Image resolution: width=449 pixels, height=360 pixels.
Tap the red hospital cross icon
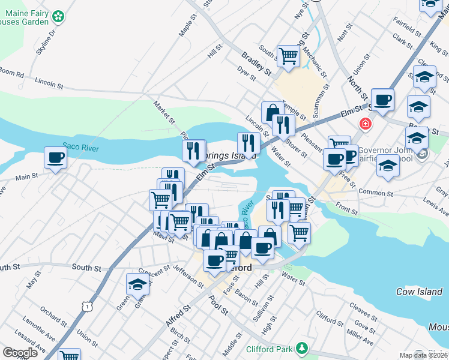click(x=364, y=125)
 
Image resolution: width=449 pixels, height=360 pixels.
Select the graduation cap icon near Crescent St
click(x=137, y=284)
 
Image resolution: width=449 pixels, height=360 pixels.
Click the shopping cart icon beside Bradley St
click(x=288, y=56)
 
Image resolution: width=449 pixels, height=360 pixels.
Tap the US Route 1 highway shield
click(x=88, y=307)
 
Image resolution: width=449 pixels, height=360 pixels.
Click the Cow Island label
click(x=418, y=292)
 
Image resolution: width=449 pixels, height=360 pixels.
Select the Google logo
click(x=20, y=353)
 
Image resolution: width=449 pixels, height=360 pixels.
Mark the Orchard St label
click(x=53, y=315)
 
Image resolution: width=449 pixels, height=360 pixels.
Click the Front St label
click(x=347, y=209)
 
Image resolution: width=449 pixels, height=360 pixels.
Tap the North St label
click(x=358, y=88)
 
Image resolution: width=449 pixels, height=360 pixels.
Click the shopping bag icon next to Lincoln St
click(x=272, y=112)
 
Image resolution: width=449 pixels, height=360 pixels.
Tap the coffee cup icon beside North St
click(x=382, y=99)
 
